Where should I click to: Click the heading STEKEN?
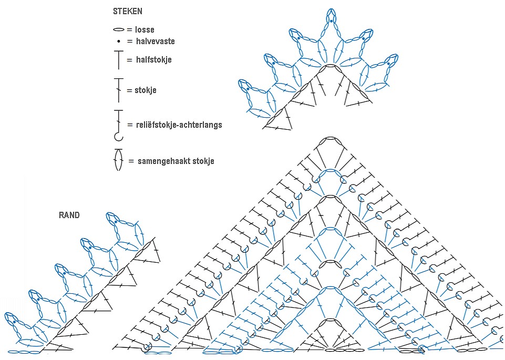tap(127, 11)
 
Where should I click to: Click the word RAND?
tap(69, 215)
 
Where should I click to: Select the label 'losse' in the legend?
tap(144, 30)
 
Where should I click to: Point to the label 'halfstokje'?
tap(153, 60)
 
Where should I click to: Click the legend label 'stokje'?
tap(146, 90)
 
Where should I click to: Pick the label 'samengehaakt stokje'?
tap(176, 161)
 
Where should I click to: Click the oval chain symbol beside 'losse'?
tap(119, 30)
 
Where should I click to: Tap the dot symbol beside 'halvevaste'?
tap(119, 41)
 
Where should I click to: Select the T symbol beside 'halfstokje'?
tap(118, 60)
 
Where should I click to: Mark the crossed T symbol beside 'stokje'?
tap(118, 90)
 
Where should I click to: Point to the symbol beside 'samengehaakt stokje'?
tap(118, 160)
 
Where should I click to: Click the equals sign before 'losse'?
tap(129, 30)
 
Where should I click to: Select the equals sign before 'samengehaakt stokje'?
tap(131, 161)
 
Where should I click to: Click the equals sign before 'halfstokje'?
tap(130, 60)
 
